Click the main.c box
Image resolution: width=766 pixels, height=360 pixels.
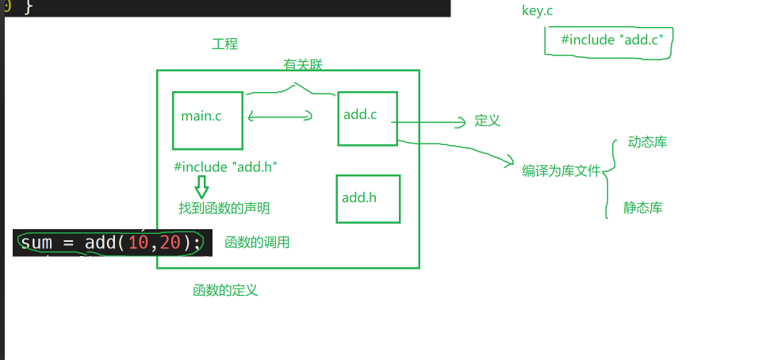[207, 121]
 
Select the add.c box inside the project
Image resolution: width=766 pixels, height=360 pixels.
[366, 117]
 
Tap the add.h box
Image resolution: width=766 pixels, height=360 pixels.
[367, 198]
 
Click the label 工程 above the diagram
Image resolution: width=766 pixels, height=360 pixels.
[224, 44]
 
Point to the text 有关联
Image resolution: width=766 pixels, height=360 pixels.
[303, 65]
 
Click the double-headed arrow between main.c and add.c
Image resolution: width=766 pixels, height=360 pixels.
[280, 117]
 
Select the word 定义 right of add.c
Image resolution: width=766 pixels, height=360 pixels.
[488, 121]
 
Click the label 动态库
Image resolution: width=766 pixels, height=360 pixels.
[647, 143]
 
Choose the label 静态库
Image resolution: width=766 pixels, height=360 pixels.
[642, 209]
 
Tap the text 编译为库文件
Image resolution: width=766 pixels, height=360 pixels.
[561, 170]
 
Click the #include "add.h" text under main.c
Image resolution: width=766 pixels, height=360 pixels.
[224, 167]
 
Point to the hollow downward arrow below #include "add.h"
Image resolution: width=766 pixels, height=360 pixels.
[201, 187]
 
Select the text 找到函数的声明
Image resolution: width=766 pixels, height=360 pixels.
[224, 209]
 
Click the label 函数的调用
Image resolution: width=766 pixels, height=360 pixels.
[257, 243]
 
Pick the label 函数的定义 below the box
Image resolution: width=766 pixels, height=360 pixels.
[225, 290]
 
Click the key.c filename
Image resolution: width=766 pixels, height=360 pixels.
[537, 10]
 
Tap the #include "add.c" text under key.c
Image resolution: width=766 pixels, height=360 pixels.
[611, 40]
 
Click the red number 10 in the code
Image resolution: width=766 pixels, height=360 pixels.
[138, 243]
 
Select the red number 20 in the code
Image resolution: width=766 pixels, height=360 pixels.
[170, 243]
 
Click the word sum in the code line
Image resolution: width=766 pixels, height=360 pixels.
[36, 243]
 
